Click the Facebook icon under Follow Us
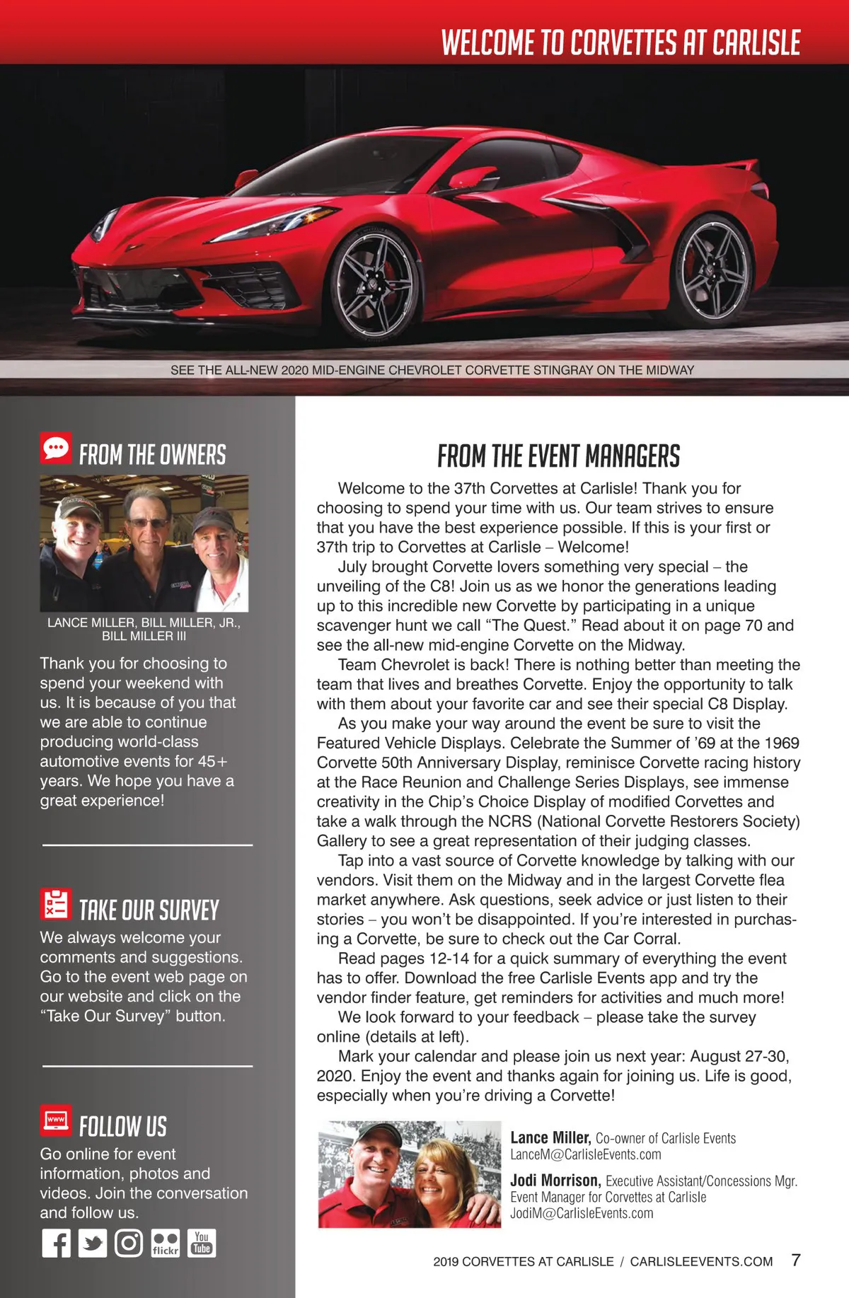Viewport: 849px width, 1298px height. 57,1243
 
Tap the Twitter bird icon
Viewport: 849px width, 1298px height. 93,1243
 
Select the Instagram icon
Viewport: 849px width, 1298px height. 129,1243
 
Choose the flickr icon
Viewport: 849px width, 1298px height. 165,1243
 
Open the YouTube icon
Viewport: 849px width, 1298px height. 202,1243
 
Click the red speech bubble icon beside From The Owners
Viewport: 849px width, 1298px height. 56,448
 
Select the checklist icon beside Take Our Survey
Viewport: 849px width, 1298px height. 56,903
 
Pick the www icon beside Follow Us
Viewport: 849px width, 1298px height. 56,1119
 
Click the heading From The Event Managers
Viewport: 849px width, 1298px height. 558,456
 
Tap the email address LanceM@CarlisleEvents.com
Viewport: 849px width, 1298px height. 586,1154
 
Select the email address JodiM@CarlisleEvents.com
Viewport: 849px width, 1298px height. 582,1213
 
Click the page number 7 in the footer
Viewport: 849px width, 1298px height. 796,1260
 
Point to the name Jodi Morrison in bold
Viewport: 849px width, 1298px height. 555,1181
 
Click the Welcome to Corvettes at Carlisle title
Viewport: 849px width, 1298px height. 620,42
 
